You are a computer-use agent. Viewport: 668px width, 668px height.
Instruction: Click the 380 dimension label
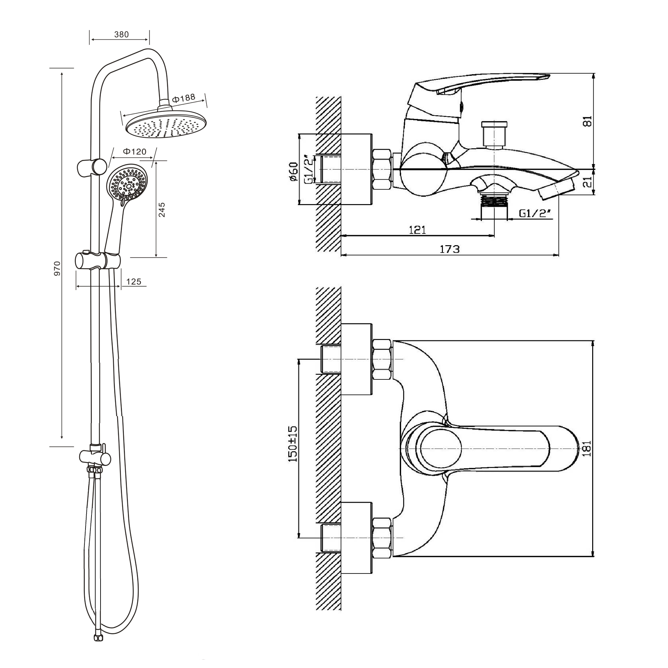[121, 35]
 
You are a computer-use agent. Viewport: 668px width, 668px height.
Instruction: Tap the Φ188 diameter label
[184, 99]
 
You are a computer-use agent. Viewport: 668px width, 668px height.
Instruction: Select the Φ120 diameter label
[135, 151]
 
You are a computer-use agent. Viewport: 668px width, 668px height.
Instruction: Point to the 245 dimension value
[162, 210]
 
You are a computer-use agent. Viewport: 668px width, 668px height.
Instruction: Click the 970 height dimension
[57, 268]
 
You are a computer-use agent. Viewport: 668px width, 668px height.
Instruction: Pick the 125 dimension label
[134, 282]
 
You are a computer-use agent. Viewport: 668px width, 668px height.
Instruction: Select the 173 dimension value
[450, 249]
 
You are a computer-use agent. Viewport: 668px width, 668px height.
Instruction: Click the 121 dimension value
[417, 230]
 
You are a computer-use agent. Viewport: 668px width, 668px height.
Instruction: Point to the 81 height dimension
[588, 121]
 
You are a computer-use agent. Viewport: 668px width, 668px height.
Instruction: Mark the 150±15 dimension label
[293, 444]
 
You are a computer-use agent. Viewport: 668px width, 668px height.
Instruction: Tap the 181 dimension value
[587, 449]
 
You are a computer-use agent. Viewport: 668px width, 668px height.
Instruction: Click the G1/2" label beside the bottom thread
[534, 213]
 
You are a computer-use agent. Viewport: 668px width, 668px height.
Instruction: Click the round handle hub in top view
[441, 448]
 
